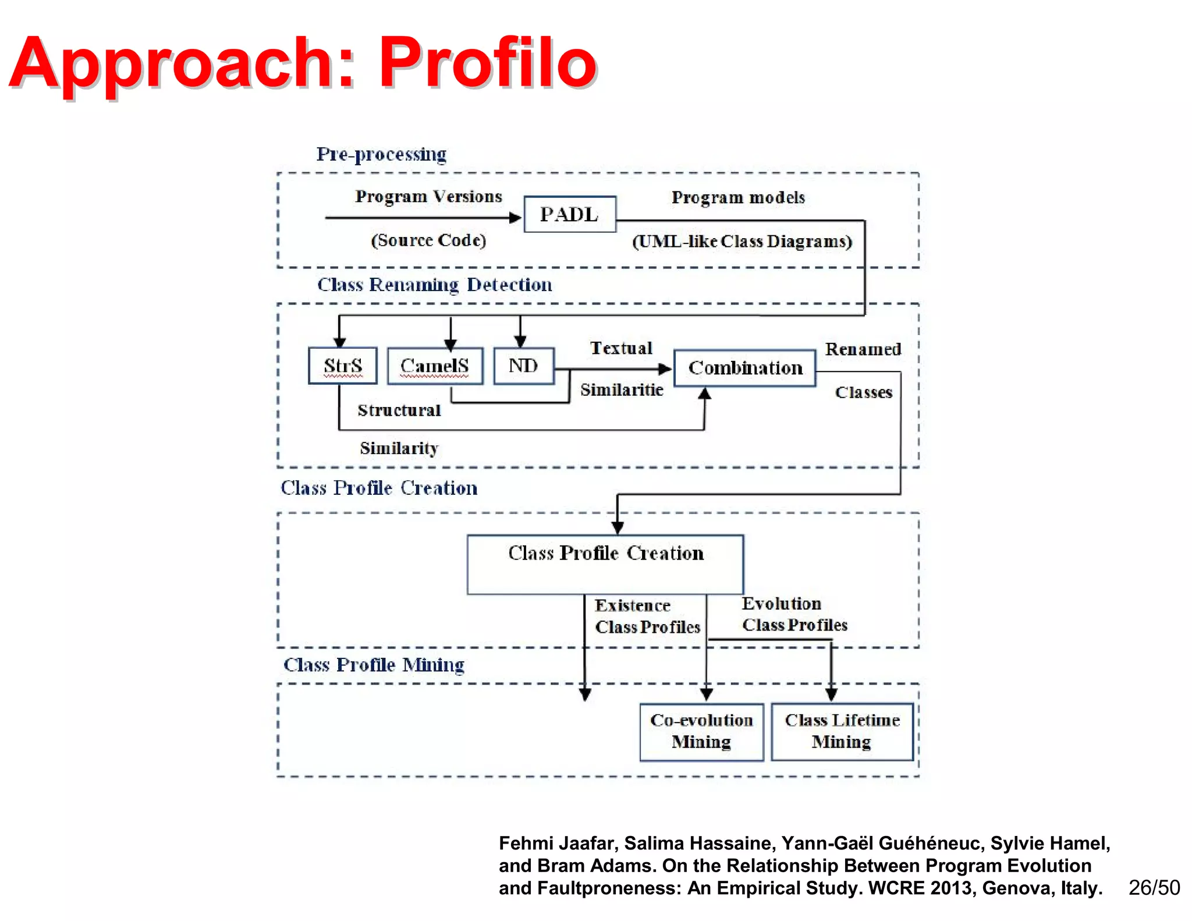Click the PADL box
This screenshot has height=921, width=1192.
(569, 214)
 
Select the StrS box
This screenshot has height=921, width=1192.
(342, 366)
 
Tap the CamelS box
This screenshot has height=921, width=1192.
(434, 366)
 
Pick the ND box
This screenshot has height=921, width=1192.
(523, 366)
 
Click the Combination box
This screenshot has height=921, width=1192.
(744, 368)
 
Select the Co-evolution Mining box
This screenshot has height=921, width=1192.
(701, 731)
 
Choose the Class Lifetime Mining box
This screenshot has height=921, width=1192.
(842, 731)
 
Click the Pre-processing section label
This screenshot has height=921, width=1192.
(381, 154)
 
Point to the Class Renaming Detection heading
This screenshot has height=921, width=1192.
(434, 285)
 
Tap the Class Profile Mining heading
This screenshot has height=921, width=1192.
(374, 665)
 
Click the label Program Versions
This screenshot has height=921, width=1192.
(428, 196)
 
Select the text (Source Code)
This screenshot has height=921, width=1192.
(428, 240)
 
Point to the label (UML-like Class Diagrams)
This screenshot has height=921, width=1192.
(742, 241)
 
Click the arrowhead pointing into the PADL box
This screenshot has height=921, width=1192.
(515, 218)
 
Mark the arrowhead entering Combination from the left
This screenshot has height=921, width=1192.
(665, 369)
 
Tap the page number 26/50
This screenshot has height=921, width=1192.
(1154, 887)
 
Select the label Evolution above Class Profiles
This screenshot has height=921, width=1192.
(781, 604)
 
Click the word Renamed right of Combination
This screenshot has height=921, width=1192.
(863, 349)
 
